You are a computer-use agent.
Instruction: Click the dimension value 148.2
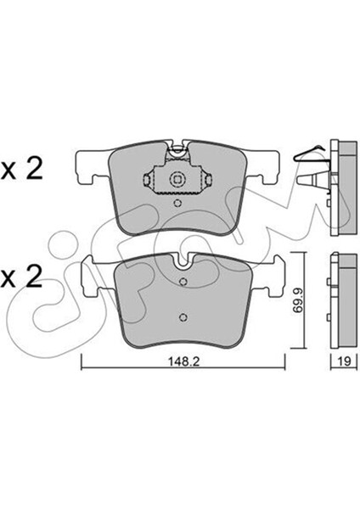pos(183,361)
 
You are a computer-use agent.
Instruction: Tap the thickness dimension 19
pos(345,361)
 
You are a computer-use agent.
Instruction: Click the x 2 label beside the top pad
pos(21,171)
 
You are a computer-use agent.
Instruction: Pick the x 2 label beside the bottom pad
pos(21,278)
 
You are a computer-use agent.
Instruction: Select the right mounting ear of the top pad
pos(262,166)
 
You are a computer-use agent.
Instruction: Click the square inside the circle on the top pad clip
pos(177,179)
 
